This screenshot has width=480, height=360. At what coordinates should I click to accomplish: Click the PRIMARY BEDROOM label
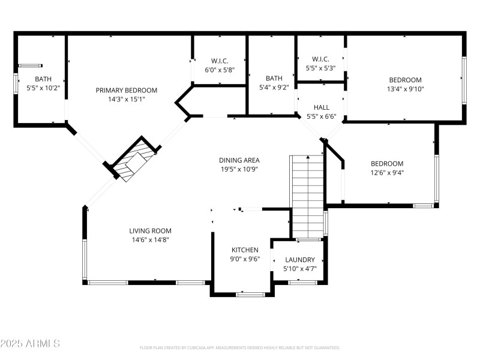tap(127, 90)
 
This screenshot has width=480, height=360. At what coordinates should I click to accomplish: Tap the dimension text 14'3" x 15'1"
tap(127, 100)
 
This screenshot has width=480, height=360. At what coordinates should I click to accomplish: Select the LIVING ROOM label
tap(150, 230)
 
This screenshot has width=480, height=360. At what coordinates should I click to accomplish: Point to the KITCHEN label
tap(245, 250)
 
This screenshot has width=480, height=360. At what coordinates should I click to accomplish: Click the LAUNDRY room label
tap(299, 260)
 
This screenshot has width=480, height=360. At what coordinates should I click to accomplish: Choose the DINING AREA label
tap(239, 160)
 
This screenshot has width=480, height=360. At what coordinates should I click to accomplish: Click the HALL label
tap(322, 107)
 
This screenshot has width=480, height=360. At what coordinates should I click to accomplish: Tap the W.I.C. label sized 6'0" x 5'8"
tap(219, 61)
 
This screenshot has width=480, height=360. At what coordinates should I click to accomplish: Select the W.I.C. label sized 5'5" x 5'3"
tap(320, 59)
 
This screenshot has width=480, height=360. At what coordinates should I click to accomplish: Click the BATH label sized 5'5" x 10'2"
tap(43, 79)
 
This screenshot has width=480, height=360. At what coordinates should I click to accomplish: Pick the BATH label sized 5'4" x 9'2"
tap(274, 78)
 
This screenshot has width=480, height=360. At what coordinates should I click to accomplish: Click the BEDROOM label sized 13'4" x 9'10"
tap(405, 80)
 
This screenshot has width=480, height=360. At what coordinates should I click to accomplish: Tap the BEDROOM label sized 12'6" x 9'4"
tap(386, 163)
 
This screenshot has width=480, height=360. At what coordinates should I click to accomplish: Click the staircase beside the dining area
tap(307, 195)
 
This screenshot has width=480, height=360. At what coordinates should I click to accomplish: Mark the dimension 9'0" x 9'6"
tap(245, 259)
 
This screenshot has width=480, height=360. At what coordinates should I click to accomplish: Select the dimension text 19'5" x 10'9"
tap(239, 169)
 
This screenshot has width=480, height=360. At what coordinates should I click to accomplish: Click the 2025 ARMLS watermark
tap(30, 344)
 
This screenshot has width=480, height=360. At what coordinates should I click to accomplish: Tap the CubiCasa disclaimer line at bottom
tap(239, 347)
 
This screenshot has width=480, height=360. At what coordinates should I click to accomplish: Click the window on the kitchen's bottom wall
tap(250, 294)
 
